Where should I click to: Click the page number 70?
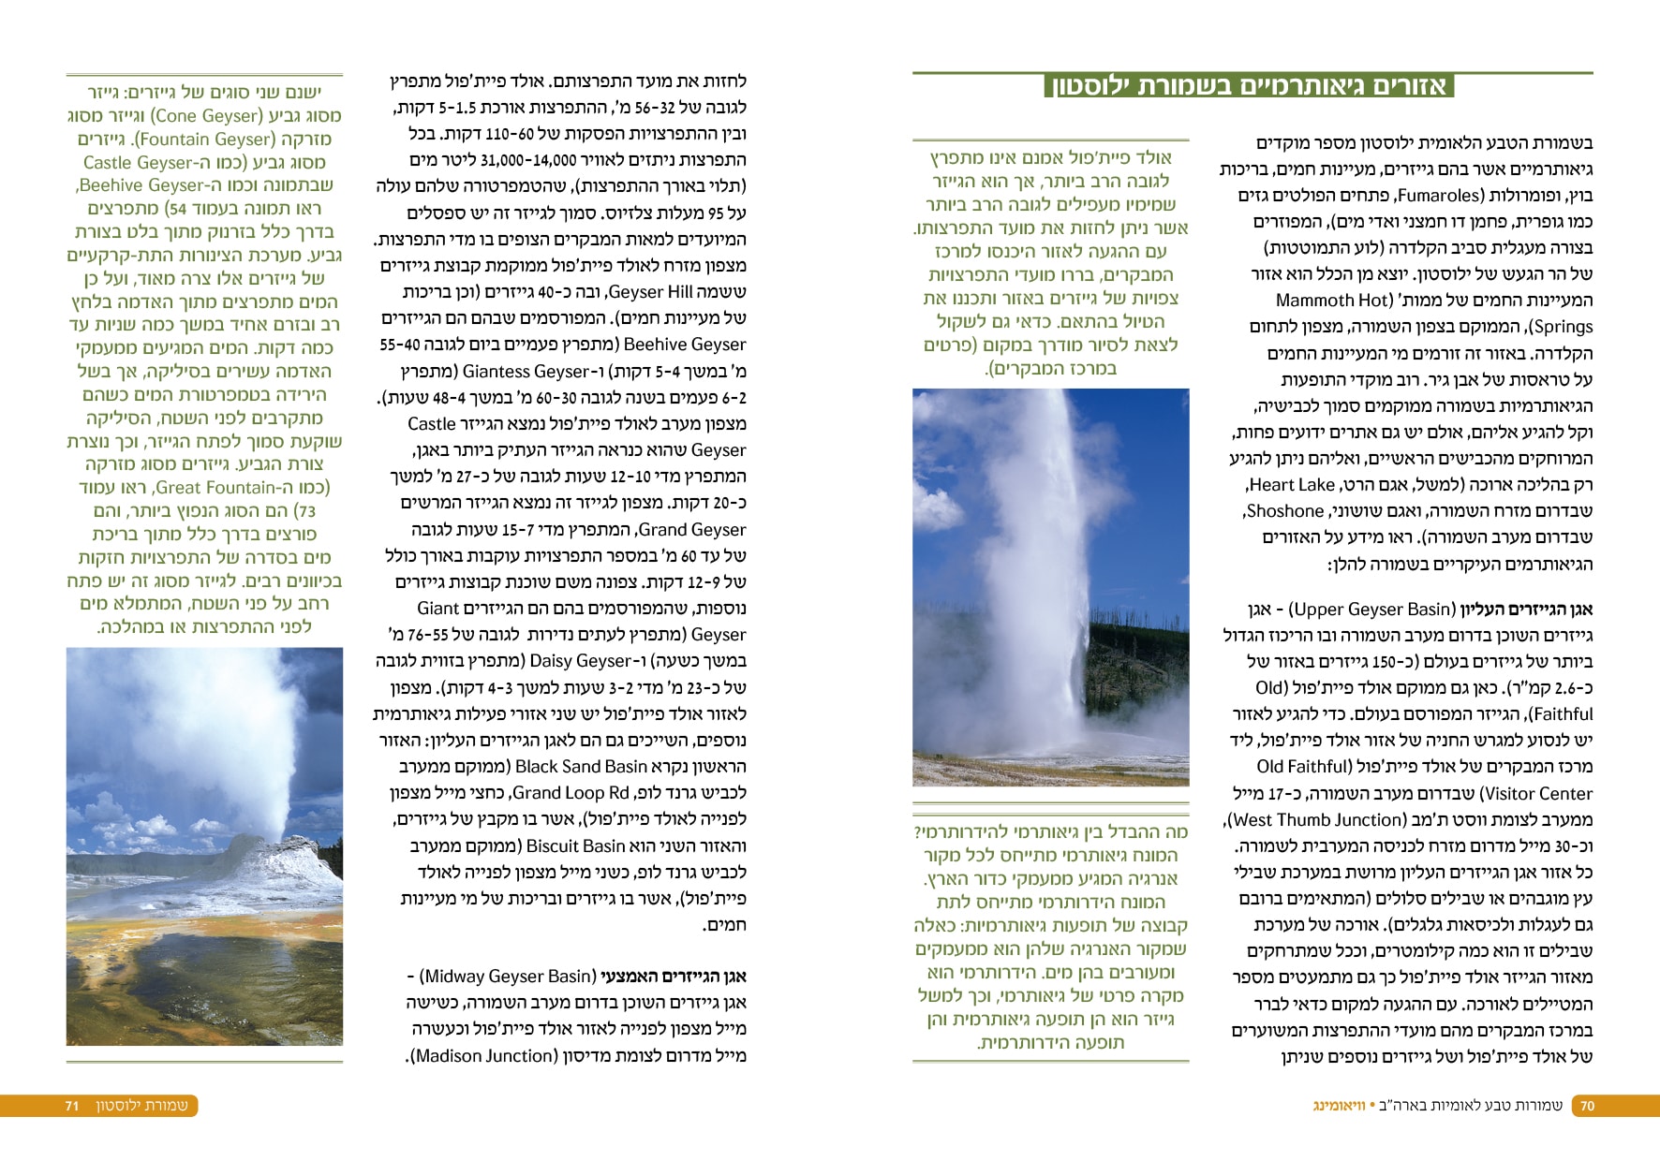click(x=1587, y=1106)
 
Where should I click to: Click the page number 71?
click(x=72, y=1106)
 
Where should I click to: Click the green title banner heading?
click(x=1249, y=86)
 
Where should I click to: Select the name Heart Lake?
click(x=1292, y=485)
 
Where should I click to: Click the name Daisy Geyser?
click(x=585, y=661)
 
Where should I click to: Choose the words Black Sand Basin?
click(x=582, y=767)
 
